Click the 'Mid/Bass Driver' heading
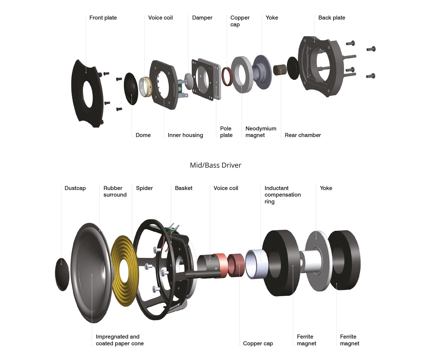tap(215, 165)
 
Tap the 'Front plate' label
tap(103, 18)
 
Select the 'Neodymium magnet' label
tap(260, 132)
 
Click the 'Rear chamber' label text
tap(302, 135)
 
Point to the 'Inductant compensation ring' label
tap(282, 195)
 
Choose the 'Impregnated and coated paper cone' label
tap(119, 340)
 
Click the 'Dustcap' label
tap(75, 188)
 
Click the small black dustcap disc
tap(62, 274)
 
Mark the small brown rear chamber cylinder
tap(280, 70)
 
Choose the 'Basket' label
tap(184, 188)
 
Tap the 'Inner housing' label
tap(185, 135)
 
